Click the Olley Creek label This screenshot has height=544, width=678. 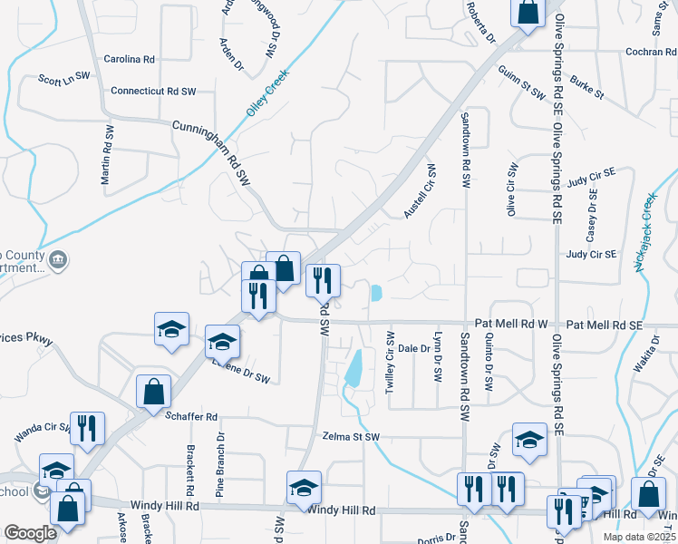[x=267, y=92]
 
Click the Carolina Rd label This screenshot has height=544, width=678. [x=130, y=59]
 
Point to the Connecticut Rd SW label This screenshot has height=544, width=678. [x=153, y=92]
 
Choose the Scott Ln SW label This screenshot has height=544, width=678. [x=63, y=80]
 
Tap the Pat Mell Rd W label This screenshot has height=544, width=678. [x=512, y=323]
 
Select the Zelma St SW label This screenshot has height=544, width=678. [x=351, y=436]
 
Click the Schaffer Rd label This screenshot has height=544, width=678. [x=192, y=417]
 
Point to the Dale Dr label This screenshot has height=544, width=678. [x=413, y=348]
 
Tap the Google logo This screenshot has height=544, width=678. [x=30, y=533]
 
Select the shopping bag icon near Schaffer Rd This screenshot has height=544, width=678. [x=153, y=392]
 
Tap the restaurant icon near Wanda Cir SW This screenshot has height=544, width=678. [x=88, y=428]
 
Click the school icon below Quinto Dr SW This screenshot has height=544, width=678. [x=530, y=439]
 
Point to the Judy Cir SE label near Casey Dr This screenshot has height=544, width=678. [x=590, y=255]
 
